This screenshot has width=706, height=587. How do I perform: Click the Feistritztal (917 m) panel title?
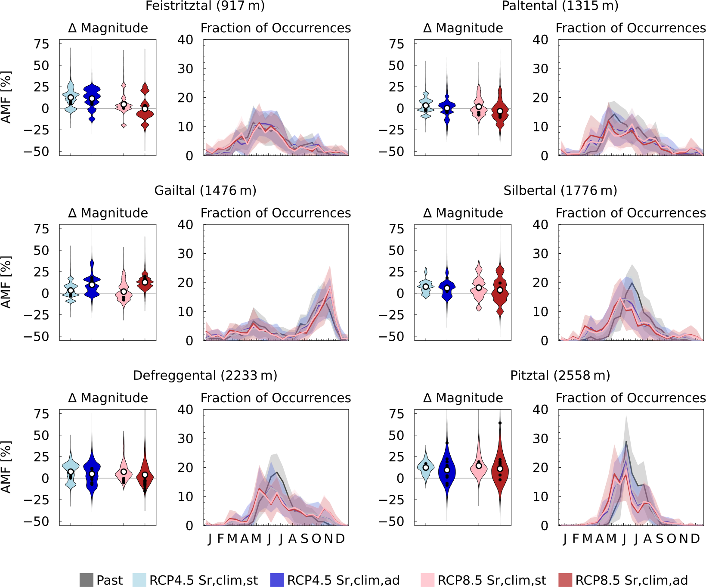click(x=205, y=6)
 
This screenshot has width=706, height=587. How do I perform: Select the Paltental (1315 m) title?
click(x=560, y=6)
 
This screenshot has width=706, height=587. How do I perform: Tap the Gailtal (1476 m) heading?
click(x=205, y=190)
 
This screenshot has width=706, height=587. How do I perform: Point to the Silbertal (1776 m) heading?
click(x=560, y=190)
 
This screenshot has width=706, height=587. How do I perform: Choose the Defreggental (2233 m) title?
click(x=205, y=376)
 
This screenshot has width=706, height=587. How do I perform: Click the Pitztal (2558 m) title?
click(x=560, y=376)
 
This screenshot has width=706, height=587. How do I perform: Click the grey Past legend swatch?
click(x=87, y=580)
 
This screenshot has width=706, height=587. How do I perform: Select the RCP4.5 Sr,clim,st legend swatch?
click(x=139, y=580)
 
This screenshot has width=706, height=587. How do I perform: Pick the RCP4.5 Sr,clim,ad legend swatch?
click(x=277, y=580)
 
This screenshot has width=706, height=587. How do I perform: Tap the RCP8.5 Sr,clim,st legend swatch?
click(x=427, y=580)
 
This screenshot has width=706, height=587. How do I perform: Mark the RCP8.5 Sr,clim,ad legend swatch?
click(x=565, y=580)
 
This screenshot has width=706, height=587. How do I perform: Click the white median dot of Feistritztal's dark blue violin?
click(x=92, y=99)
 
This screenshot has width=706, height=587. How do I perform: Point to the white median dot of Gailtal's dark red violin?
click(x=145, y=283)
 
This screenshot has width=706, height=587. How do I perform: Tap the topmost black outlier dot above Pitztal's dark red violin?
click(x=500, y=423)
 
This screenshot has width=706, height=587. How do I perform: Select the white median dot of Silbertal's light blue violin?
click(x=426, y=287)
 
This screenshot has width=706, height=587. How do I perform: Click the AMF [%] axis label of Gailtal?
click(x=6, y=282)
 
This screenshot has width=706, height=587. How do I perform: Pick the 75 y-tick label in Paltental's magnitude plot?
click(x=396, y=44)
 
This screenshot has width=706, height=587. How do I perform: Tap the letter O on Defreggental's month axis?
click(x=316, y=539)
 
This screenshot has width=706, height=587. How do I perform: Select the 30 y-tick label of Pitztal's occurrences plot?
click(x=541, y=438)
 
